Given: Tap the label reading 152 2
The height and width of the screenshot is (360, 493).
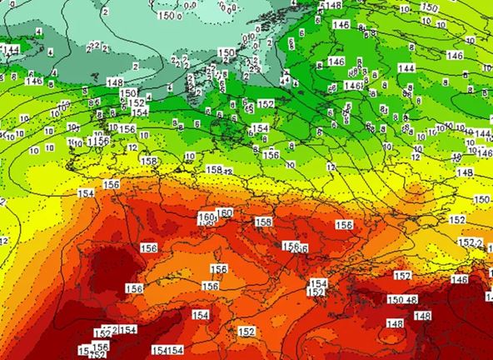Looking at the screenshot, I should (471, 242).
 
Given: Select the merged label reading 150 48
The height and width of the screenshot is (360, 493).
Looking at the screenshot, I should (402, 300).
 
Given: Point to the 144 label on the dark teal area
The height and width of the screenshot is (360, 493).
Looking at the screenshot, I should (11, 50).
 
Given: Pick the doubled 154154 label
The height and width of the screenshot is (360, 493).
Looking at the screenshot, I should (167, 350).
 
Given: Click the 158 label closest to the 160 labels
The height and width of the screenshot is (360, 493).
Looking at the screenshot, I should (263, 222).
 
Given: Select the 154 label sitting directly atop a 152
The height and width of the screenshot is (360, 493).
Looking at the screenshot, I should (318, 284).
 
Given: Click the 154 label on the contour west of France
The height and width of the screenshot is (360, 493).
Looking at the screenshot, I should (86, 193).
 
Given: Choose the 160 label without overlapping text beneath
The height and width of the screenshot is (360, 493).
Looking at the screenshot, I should (225, 213).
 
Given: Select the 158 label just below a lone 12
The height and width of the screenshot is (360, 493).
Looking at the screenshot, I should (148, 161).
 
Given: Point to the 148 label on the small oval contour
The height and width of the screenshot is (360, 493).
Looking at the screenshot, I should (395, 323).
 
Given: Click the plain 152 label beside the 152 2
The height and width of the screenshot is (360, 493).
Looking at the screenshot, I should (457, 220).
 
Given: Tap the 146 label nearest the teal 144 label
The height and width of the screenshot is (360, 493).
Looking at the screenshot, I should (34, 81).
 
